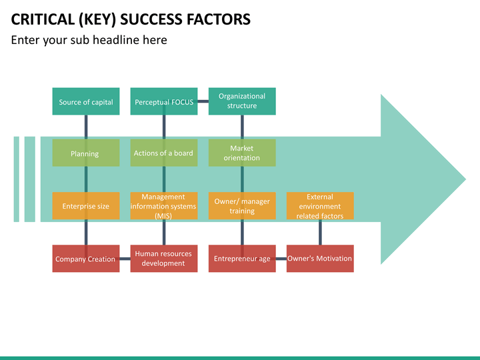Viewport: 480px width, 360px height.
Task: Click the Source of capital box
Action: (86, 101)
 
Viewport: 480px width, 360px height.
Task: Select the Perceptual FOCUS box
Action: (164, 101)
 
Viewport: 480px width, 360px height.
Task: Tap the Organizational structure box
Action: (242, 101)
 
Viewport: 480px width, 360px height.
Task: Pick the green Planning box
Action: (86, 153)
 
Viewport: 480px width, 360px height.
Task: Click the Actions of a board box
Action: (164, 153)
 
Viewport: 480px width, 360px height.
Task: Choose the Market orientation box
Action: (242, 153)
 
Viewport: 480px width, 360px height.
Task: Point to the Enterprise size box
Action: (86, 206)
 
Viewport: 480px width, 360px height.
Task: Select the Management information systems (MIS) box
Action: (164, 206)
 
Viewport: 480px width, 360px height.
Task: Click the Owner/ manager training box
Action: (242, 206)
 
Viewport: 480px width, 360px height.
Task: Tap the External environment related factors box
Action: (320, 206)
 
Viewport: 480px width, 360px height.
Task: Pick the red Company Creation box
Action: (86, 259)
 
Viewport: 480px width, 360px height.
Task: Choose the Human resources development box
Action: (164, 259)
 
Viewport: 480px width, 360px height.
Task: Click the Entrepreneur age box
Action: (242, 259)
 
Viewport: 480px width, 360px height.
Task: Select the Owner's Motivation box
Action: (320, 259)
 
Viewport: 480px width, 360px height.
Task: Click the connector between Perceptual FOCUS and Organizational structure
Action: (203, 101)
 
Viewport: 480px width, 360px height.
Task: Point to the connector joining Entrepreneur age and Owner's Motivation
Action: (281, 259)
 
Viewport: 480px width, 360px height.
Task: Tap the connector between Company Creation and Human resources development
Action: (125, 259)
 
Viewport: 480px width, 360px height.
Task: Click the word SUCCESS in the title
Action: (151, 19)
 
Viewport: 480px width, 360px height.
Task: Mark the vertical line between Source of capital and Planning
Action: (86, 127)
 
